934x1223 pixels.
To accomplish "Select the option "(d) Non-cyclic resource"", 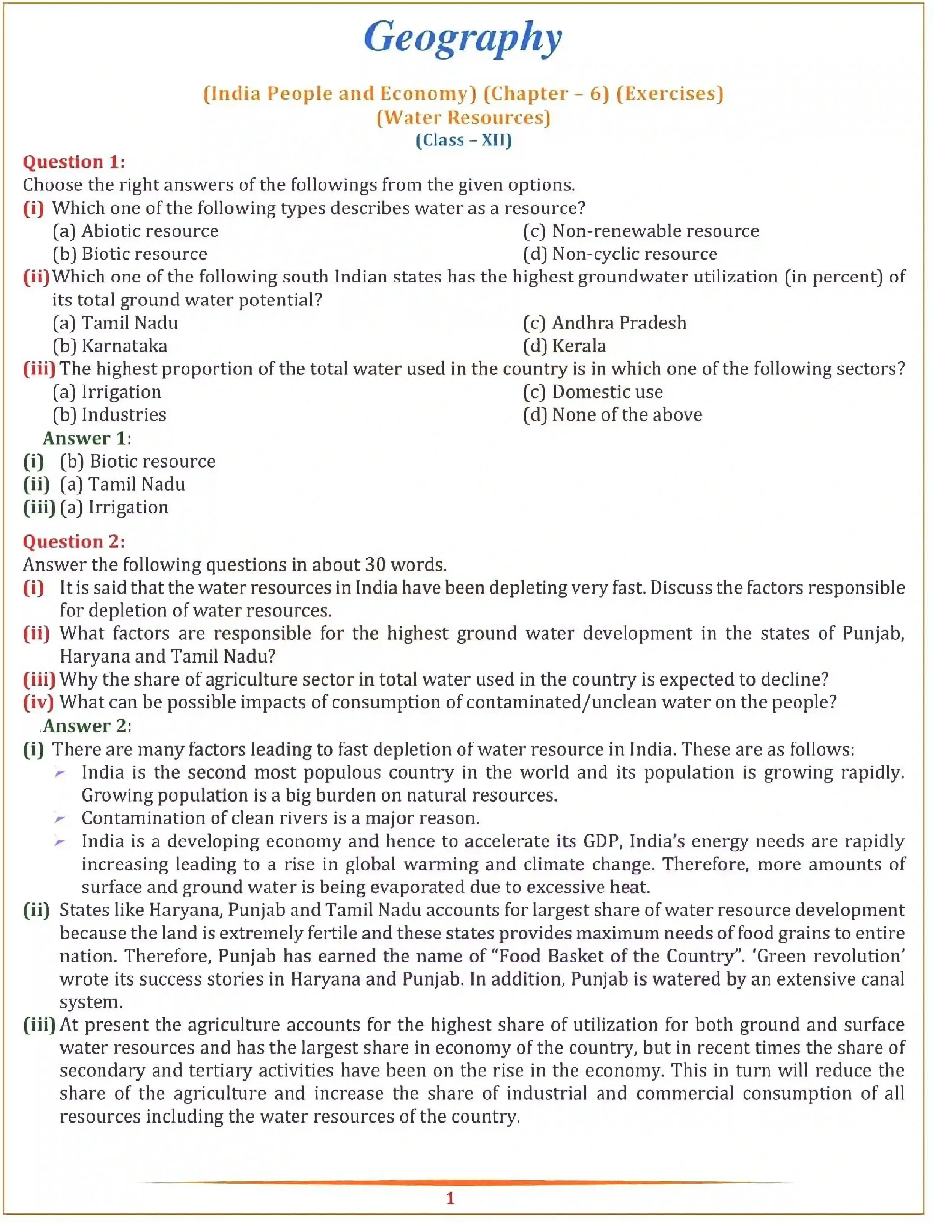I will point(619,254).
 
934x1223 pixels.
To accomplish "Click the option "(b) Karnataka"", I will point(109,346).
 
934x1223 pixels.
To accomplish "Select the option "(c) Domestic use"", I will point(593,392).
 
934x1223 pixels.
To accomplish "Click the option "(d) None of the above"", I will point(612,415).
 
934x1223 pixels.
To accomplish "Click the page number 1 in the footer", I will point(450,1199).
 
